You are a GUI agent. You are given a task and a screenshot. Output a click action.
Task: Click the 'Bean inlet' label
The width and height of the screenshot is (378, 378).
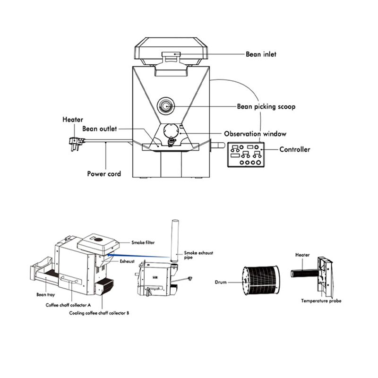(x=261, y=54)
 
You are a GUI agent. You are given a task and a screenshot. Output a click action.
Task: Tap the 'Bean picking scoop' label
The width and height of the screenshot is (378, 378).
(x=266, y=107)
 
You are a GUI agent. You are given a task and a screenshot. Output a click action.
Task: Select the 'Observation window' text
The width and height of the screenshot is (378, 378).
(x=255, y=134)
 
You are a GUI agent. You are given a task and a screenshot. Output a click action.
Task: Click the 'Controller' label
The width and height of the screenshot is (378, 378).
(x=294, y=149)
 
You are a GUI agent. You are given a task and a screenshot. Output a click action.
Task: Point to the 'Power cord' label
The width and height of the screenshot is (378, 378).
(x=104, y=174)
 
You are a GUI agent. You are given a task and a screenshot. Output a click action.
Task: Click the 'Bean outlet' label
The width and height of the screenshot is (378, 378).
(x=99, y=129)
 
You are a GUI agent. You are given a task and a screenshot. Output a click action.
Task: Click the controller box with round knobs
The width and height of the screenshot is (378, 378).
(x=246, y=155)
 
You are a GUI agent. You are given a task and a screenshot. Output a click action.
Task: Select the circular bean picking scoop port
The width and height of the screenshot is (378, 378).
(x=165, y=105)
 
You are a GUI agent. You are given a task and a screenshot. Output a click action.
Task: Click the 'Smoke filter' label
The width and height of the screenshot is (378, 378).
(x=143, y=242)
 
